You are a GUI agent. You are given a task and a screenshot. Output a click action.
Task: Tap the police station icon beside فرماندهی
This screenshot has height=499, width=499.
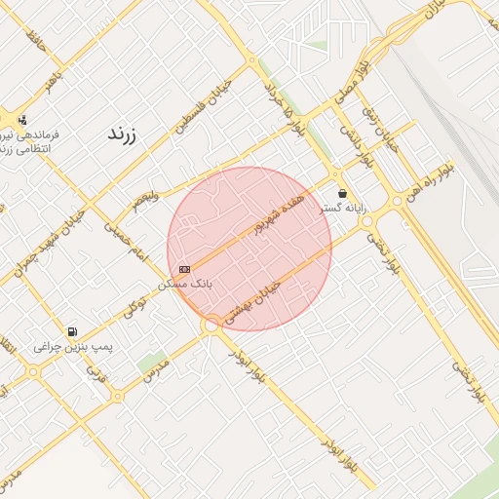[21, 121]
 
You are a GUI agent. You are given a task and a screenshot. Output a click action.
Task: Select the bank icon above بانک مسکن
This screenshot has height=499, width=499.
[185, 268]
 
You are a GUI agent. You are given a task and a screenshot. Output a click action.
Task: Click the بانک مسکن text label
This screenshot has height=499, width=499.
[185, 283]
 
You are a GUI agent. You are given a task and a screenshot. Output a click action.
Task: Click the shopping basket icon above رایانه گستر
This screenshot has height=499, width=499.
[341, 193]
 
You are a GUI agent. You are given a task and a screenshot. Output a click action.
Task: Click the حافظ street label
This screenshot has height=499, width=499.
[36, 43]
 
